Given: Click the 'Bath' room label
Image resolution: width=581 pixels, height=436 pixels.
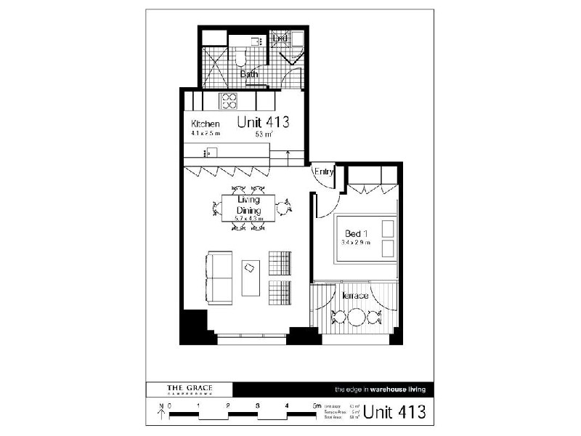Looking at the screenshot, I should point(249,74).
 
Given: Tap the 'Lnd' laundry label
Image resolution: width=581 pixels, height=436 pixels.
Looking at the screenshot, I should point(280,38).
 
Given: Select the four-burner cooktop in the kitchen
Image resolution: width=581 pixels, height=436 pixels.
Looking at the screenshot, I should point(229,100).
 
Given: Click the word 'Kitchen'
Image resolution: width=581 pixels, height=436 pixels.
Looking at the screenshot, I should point(205,124).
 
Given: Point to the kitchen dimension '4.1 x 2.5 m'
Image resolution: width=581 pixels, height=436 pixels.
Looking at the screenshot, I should point(206,134).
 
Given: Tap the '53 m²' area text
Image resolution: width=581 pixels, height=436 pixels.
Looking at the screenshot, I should point(263,134).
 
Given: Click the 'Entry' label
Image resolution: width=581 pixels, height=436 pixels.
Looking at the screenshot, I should point(324,171).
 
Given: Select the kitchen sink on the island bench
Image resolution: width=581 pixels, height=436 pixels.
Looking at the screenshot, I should point(209,152).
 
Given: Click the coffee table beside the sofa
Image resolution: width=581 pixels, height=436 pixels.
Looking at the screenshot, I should point(251,278).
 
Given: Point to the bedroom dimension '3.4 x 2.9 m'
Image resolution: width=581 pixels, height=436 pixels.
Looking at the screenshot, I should point(357,243).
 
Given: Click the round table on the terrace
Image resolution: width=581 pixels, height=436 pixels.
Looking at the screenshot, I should point(357,318).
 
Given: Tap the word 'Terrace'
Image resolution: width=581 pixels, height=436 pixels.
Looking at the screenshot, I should point(355,296).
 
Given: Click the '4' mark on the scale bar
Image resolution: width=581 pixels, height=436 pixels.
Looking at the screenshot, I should point(287,406).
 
